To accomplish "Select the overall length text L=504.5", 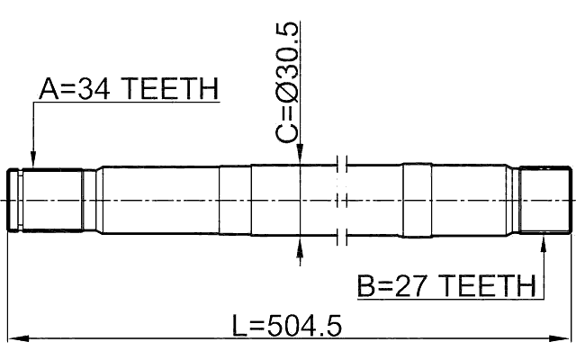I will pyautogui.click(x=287, y=326).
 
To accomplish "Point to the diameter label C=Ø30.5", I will pyautogui.click(x=287, y=81).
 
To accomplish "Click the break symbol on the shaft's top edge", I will pyautogui.click(x=340, y=165).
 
